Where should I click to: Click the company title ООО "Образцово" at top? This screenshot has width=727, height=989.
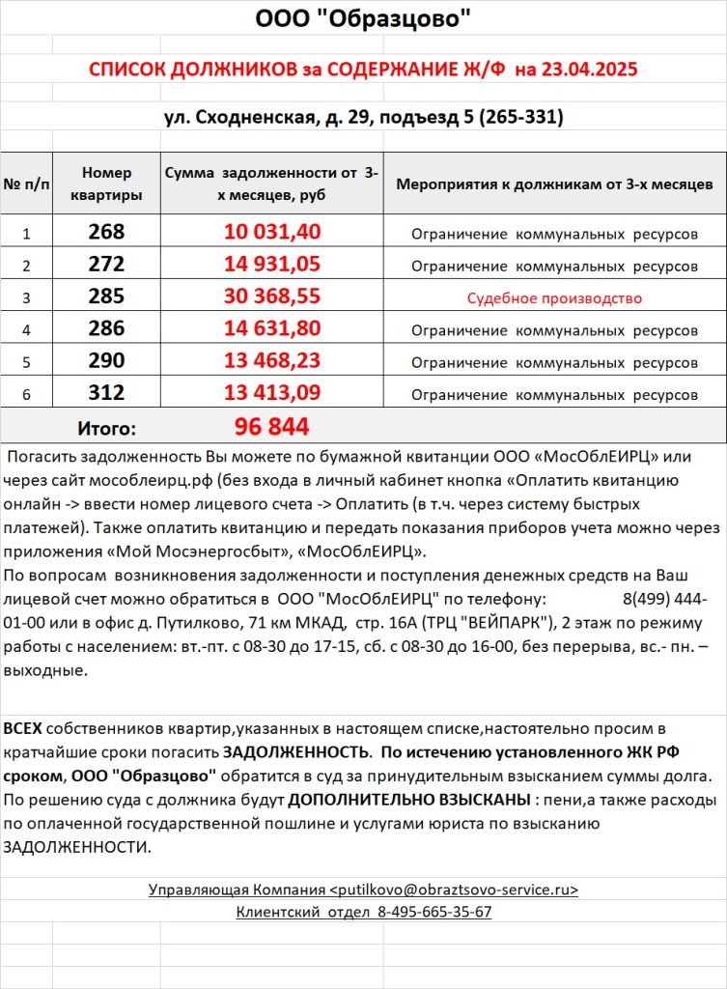[363, 18]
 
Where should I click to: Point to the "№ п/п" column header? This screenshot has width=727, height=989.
[27, 184]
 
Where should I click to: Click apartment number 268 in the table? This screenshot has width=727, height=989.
[106, 232]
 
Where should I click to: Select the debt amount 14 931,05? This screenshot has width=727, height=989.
[272, 265]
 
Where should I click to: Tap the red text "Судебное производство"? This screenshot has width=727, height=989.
[554, 298]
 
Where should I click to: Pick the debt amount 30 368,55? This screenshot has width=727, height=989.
[272, 297]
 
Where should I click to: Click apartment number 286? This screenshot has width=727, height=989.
[106, 329]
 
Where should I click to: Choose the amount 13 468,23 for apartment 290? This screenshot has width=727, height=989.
[272, 362]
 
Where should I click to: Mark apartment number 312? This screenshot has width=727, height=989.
[106, 394]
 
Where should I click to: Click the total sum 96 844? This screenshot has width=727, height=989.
[271, 427]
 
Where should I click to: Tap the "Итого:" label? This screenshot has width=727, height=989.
[106, 428]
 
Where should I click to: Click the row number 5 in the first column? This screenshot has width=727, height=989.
[27, 363]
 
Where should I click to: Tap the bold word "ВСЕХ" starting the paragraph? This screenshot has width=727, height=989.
[23, 727]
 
